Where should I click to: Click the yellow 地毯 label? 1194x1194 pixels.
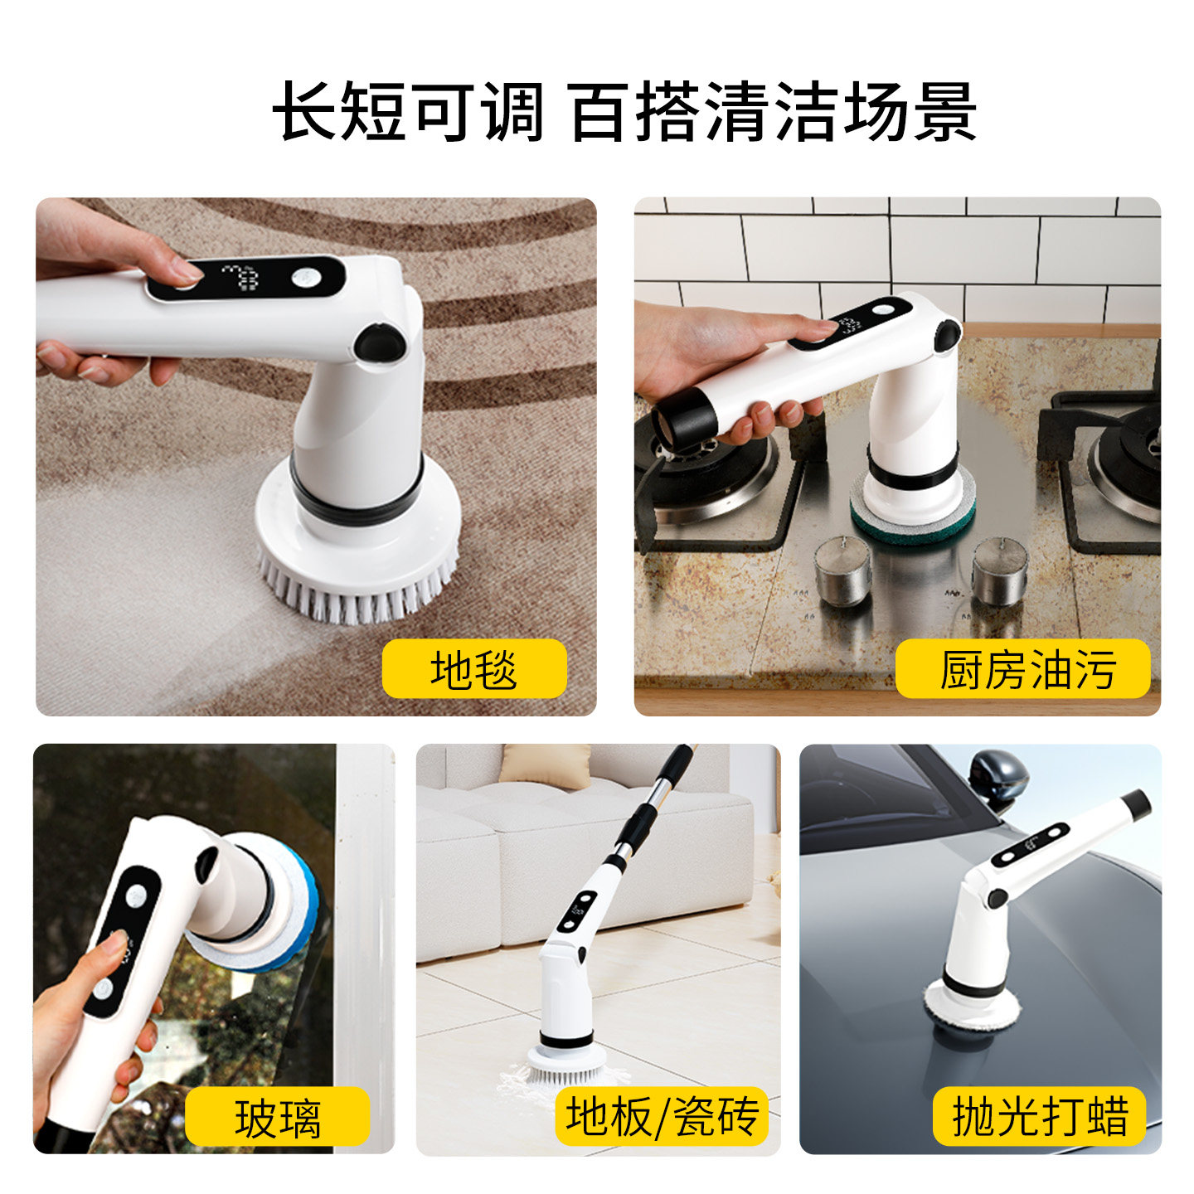point(473,669)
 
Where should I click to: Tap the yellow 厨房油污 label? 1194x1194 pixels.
point(1024,669)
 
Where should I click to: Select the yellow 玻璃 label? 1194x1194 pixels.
point(277,1117)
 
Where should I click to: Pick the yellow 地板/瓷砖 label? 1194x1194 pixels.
point(662,1115)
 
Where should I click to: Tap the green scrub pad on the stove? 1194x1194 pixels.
point(912,518)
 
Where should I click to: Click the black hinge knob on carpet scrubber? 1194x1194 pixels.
point(378,341)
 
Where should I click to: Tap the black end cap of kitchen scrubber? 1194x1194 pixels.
point(685,419)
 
